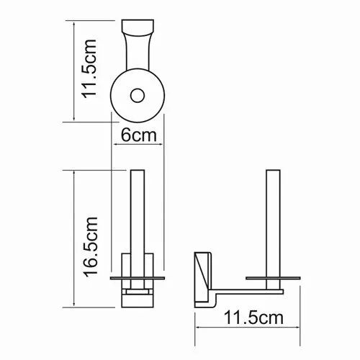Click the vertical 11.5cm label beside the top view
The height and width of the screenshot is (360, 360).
[90, 69]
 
